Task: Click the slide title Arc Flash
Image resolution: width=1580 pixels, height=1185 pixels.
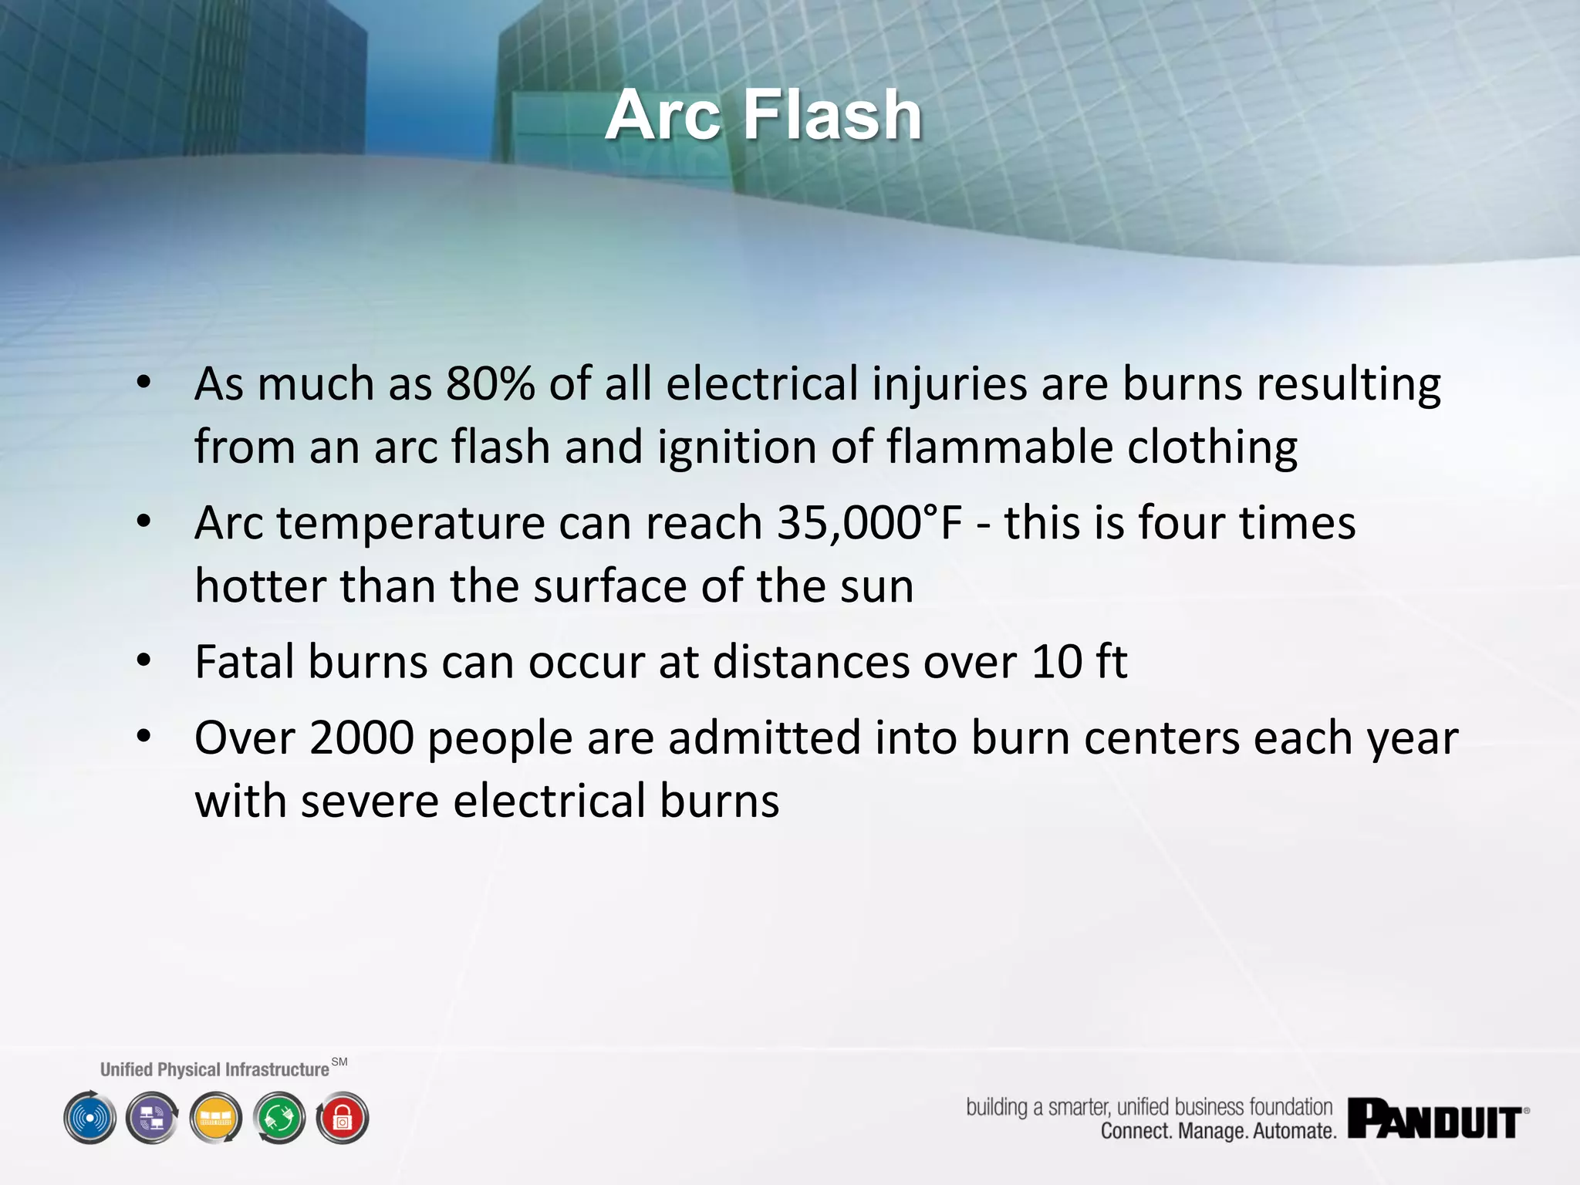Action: pyautogui.click(x=763, y=115)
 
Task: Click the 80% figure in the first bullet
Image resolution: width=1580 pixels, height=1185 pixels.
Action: pyautogui.click(x=490, y=383)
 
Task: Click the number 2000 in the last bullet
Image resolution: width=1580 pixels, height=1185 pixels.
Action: pyautogui.click(x=362, y=738)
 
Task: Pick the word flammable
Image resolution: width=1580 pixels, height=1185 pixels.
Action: pyautogui.click(x=1000, y=447)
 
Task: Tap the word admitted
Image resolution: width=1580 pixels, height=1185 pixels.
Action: pyautogui.click(x=764, y=738)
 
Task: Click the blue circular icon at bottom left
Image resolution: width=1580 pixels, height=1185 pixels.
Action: pyautogui.click(x=90, y=1118)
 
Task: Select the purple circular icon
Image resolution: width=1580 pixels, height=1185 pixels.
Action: pyautogui.click(x=153, y=1118)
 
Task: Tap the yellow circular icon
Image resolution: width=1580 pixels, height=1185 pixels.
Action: pyautogui.click(x=216, y=1118)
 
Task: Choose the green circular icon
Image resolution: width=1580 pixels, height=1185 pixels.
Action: pyautogui.click(x=279, y=1118)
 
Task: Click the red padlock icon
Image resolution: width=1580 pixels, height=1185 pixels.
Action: pyautogui.click(x=343, y=1118)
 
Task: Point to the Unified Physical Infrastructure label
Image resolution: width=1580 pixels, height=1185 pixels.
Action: pyautogui.click(x=214, y=1069)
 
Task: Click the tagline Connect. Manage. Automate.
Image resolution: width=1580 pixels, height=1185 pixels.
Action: pyautogui.click(x=1218, y=1131)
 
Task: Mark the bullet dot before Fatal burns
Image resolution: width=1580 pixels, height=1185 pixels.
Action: pyautogui.click(x=143, y=661)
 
